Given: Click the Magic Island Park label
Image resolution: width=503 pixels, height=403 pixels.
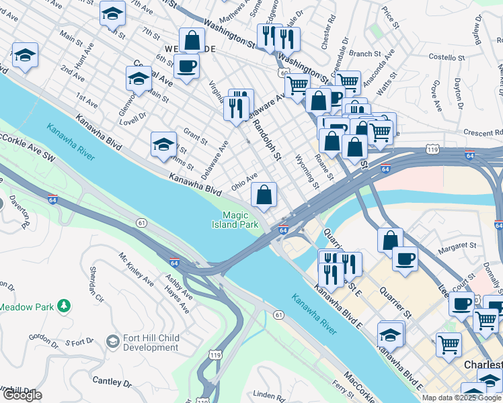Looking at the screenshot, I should pos(240,220).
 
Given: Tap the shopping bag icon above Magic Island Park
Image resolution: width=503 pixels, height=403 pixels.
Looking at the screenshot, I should pos(264,195).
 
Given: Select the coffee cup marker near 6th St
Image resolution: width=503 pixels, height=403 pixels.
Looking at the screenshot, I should pos(186,67).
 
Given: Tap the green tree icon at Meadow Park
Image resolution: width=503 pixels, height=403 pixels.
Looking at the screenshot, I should pos(64,306).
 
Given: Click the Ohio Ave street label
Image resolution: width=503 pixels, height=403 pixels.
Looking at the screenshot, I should pos(244,181).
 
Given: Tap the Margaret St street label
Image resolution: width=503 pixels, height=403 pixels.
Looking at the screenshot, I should pos(457,247).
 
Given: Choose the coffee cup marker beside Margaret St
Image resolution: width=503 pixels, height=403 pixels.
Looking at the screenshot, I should pos(404,259).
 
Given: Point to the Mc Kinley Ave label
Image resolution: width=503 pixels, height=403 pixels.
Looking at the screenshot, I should pos(137,269).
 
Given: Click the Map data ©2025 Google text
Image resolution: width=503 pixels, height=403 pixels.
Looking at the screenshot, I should pos(462,398).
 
